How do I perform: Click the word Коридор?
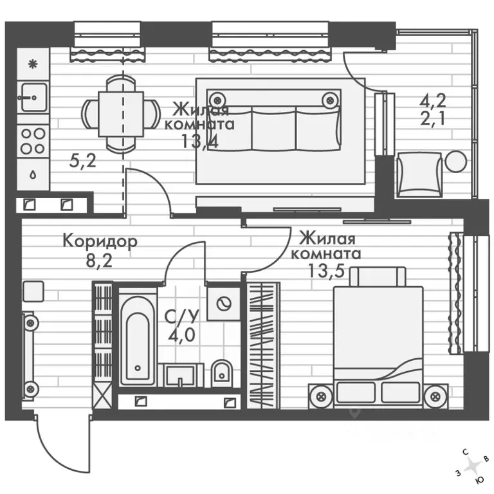pos(100,242)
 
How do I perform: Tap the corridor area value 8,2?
pos(99,261)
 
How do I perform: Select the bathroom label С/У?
pos(182,316)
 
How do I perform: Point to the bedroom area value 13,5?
pos(325,271)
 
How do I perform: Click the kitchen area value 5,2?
pos(82,161)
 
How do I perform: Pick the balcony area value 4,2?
pos(433,101)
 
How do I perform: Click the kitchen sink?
pos(33,97)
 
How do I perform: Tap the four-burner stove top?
pos(33,142)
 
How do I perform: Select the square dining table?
pos(121,114)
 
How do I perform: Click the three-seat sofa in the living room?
pos(274,120)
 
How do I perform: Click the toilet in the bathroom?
pos(222,374)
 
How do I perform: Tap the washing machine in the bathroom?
pos(224,304)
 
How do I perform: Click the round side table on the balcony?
pos(455,161)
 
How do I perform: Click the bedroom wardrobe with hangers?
pos(262,345)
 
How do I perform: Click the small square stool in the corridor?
pos(33,291)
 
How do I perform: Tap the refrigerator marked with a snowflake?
pos(33,64)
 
